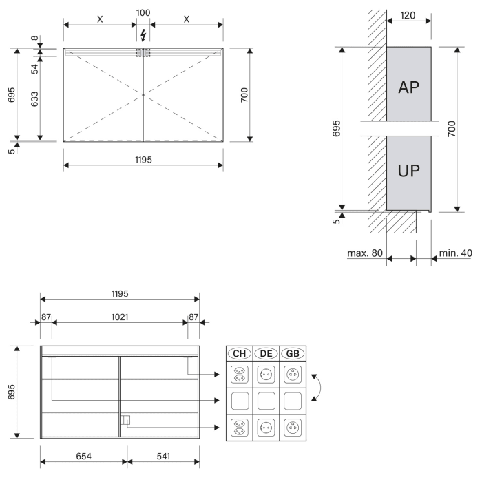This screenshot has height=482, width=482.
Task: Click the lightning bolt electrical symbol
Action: [x=143, y=34]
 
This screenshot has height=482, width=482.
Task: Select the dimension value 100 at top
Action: [x=143, y=12]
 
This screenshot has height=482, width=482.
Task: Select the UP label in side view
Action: [x=409, y=170]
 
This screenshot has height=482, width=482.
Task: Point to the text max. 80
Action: [x=365, y=253]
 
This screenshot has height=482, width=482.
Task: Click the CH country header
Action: [x=240, y=353]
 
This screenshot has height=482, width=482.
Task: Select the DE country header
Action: [x=266, y=353]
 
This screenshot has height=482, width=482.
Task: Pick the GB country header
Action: [x=293, y=353]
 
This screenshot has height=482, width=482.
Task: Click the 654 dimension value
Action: [x=83, y=455]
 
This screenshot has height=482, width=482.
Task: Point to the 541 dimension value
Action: [x=163, y=455]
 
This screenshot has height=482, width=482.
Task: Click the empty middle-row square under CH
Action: [x=240, y=401]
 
